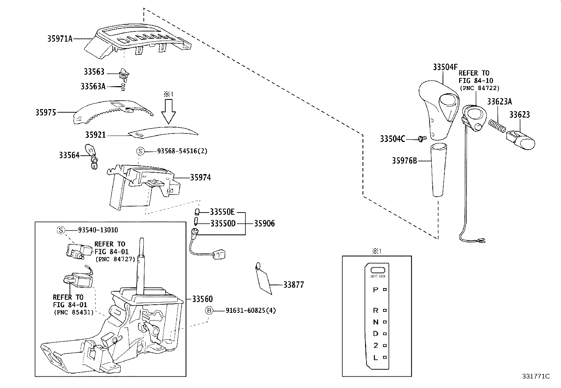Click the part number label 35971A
(60, 38)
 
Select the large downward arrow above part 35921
(168, 112)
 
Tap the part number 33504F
(445, 67)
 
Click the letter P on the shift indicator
(375, 289)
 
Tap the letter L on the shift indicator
(376, 357)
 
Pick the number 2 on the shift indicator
(376, 345)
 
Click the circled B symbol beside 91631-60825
(209, 310)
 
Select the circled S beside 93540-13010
(61, 230)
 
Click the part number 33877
(294, 285)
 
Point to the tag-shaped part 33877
(264, 280)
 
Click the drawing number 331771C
(536, 376)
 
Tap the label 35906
(264, 223)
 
